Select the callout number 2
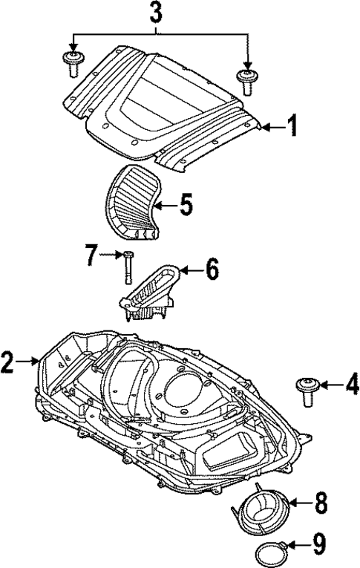coord(8,363)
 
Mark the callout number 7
coord(91,257)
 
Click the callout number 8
coord(321,503)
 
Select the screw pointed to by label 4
coord(305,388)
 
